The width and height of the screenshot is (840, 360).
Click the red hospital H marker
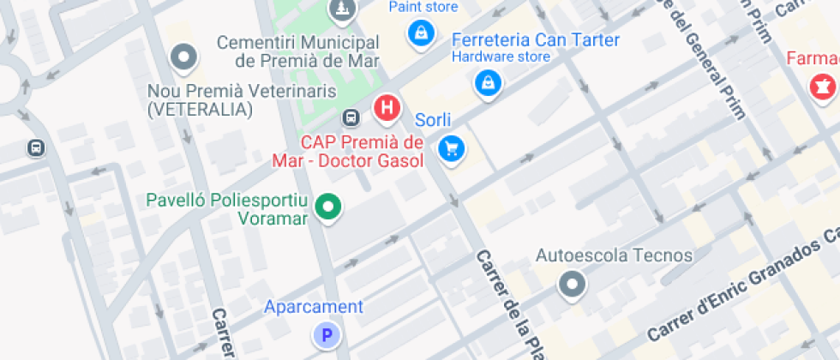387,108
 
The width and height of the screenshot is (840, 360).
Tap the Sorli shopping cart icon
451,149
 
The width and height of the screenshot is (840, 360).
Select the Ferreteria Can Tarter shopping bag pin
488,83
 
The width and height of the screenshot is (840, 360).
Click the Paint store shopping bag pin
421,33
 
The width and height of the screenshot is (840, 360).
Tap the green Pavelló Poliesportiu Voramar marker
327,207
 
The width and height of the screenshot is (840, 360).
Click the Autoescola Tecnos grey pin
571,284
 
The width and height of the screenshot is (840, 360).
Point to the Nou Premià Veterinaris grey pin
184,58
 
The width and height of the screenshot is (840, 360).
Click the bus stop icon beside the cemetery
351,117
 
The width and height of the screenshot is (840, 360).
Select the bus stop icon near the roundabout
36,147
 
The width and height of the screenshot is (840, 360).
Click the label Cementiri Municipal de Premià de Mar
297,51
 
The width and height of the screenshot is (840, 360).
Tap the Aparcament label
313,307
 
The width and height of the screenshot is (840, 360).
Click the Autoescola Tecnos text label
614,255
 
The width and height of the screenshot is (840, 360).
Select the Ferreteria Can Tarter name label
535,40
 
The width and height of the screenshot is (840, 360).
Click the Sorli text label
433,120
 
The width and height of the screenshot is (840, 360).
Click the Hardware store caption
501,57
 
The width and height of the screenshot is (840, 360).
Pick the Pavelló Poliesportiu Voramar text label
226,209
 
